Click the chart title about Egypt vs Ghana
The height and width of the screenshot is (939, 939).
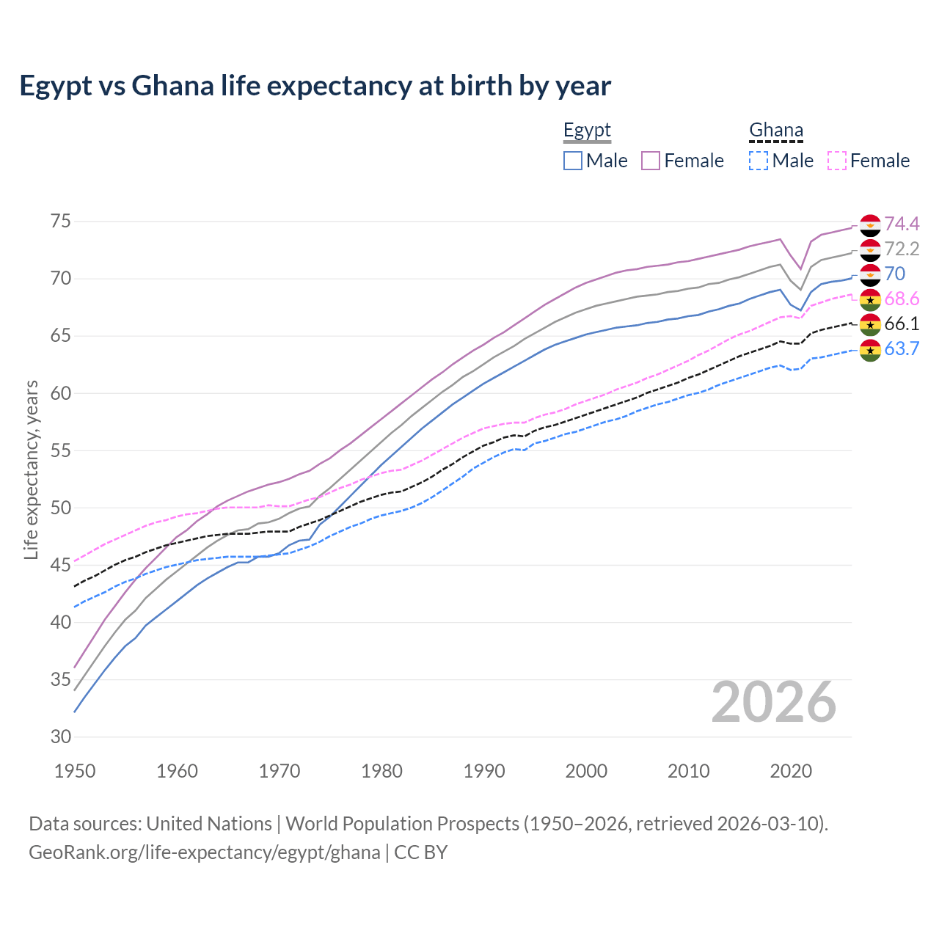(315, 86)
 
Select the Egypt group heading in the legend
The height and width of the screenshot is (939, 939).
(587, 131)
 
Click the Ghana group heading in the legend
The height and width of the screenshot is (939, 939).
(775, 131)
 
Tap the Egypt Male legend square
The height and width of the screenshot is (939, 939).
(573, 161)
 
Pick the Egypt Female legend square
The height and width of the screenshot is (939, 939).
(651, 161)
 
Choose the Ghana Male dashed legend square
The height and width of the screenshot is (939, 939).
(759, 161)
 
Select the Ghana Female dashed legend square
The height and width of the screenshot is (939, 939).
(836, 161)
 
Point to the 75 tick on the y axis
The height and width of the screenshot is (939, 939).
(60, 222)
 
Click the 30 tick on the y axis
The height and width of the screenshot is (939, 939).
(60, 737)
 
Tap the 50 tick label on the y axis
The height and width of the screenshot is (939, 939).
(60, 508)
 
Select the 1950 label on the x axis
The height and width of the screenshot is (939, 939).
(75, 771)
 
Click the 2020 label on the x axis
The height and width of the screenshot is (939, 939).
(791, 771)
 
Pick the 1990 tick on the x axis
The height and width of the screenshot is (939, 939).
(484, 771)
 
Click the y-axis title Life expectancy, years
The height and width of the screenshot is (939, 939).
(31, 469)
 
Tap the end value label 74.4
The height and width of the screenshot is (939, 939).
(902, 224)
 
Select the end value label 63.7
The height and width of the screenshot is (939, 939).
(902, 348)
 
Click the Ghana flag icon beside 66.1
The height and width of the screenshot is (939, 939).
(870, 324)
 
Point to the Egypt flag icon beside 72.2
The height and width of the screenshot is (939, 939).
(870, 249)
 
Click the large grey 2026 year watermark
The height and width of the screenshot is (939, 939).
(773, 702)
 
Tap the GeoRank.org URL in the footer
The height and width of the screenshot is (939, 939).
(204, 852)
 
